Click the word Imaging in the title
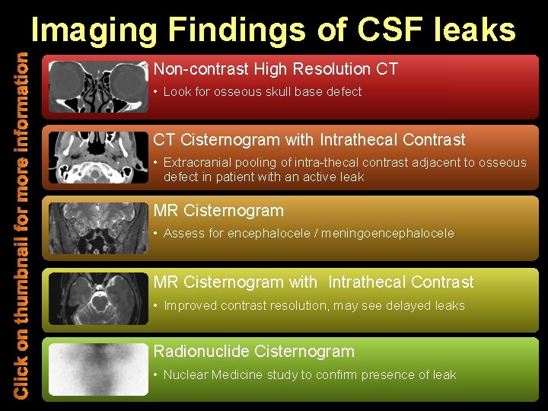[x=95, y=30]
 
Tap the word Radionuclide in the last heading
[x=202, y=352]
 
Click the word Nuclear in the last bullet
[x=185, y=375]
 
